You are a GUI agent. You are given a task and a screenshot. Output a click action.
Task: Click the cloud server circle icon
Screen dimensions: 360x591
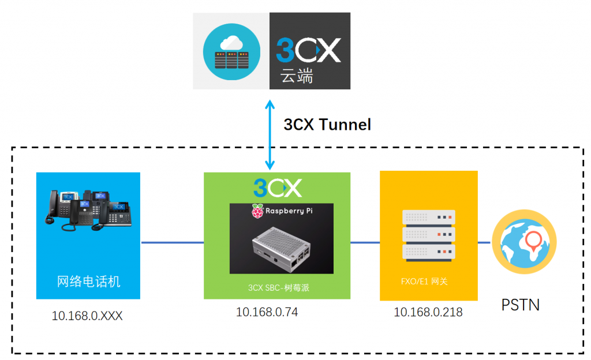coord(231,51)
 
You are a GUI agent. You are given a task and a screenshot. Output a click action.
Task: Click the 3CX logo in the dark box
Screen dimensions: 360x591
coord(309,50)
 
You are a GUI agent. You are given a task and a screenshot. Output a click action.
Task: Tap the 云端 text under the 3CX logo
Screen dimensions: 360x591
coord(297,76)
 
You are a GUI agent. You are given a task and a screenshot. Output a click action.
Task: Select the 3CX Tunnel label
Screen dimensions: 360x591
coord(327,124)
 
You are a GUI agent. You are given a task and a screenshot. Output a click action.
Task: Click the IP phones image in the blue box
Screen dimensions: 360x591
coord(88,211)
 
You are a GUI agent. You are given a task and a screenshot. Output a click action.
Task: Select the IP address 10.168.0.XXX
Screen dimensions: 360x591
coord(87,316)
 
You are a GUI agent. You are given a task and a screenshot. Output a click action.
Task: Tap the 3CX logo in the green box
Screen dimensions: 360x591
coord(277,188)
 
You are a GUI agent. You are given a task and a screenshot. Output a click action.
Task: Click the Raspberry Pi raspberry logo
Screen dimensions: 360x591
coord(257,212)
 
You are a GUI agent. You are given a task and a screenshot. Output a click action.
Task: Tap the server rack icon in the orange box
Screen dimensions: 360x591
coord(428,234)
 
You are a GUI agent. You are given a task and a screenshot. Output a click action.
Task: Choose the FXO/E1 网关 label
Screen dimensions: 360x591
coord(424,282)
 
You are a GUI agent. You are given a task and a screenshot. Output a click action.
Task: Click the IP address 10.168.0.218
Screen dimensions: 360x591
coord(428,312)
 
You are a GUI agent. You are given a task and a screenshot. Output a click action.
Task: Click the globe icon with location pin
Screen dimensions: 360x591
coord(524,242)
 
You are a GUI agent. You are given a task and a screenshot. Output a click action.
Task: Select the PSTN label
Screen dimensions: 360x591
coord(520,304)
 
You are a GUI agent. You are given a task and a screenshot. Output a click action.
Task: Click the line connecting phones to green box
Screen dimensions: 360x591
coord(172,242)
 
